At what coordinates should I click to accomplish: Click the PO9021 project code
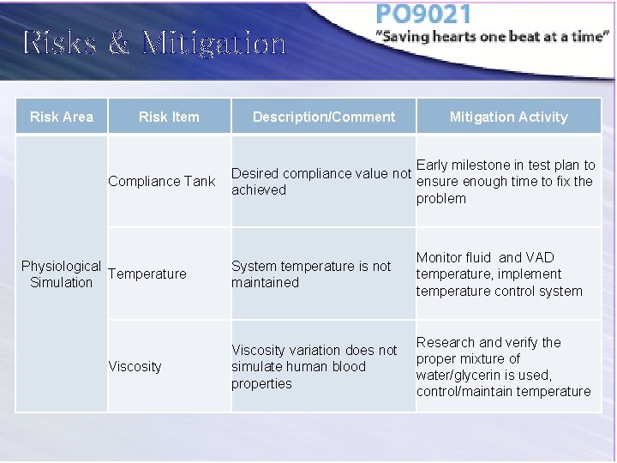423,14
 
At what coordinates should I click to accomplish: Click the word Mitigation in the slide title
214,43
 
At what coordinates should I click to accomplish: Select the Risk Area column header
62,117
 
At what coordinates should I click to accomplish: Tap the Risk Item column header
169,117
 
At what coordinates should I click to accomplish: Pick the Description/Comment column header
324,117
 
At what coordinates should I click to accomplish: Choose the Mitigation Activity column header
508,117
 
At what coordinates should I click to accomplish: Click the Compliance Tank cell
162,181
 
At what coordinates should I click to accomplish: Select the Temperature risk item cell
147,274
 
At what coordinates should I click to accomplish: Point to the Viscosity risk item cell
135,366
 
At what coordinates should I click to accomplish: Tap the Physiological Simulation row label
61,274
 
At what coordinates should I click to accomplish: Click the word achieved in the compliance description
259,190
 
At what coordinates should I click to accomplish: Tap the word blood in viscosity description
349,366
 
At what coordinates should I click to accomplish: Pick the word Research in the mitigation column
446,342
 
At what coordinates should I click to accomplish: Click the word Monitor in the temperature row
441,257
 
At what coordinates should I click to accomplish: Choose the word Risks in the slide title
59,43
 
